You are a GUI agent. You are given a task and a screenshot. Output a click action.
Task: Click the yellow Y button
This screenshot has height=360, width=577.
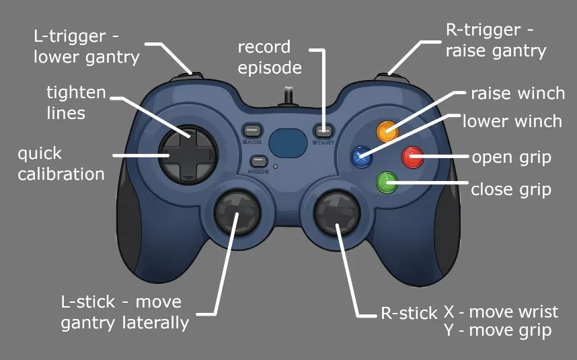387,131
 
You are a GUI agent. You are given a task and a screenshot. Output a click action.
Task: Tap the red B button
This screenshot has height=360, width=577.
412,157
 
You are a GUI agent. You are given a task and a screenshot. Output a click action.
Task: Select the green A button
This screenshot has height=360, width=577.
387,182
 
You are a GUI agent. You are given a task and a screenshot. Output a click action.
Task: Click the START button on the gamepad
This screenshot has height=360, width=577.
323,131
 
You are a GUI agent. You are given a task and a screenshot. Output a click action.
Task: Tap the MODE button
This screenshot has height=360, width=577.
259,161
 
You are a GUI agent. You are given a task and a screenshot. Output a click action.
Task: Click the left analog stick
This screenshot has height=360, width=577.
237,213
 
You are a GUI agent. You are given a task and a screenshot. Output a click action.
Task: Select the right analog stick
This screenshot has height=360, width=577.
337,213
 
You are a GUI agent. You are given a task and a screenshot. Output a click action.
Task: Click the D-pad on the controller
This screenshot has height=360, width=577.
188,155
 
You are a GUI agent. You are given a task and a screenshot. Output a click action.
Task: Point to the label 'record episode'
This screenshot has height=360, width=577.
270,57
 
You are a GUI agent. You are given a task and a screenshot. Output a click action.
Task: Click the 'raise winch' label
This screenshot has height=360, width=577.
518,93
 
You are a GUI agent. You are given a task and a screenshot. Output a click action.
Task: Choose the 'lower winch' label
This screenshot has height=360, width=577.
512,121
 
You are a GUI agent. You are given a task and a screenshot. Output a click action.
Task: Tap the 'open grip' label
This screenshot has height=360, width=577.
512,158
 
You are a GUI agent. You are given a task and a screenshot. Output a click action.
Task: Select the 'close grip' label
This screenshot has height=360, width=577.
511,190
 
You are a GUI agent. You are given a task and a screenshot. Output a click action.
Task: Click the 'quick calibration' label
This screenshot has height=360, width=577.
61,164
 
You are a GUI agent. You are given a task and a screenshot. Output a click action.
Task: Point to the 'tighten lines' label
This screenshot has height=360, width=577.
76,103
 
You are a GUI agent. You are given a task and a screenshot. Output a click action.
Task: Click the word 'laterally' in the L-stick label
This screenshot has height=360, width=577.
155,323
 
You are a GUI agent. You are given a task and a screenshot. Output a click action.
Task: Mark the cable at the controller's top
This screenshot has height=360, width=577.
288,96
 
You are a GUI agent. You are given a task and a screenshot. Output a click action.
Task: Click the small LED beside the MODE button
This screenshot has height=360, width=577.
275,167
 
